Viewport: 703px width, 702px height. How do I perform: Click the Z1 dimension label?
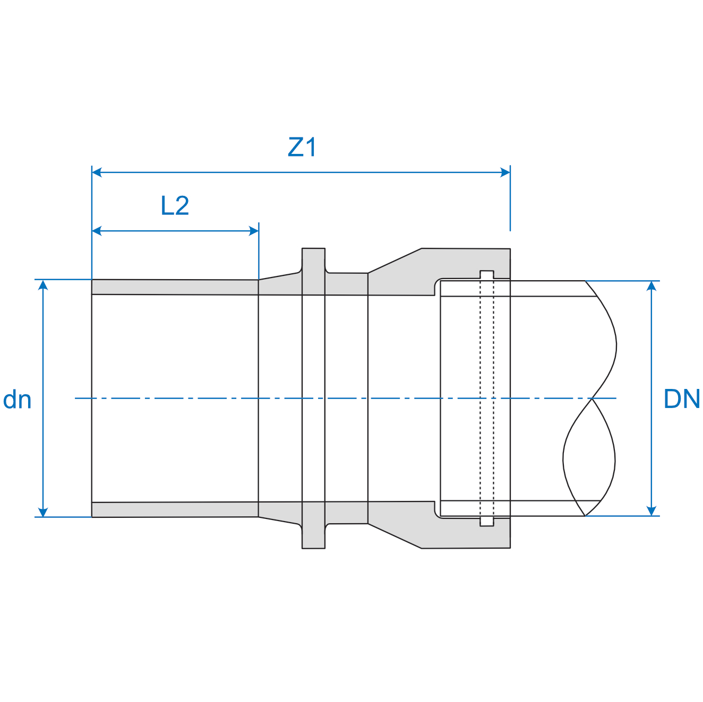click(302, 148)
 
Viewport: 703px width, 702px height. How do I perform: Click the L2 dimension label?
click(175, 206)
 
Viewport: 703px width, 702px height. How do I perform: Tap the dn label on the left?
click(17, 400)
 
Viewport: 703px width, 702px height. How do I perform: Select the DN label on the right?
click(682, 399)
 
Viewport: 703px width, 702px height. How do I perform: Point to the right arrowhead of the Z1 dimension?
click(505, 172)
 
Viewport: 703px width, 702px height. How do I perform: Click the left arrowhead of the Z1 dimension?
click(97, 172)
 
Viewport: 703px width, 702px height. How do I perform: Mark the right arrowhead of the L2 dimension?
click(253, 231)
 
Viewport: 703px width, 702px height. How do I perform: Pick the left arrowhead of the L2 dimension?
click(97, 231)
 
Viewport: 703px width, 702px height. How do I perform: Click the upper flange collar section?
click(313, 271)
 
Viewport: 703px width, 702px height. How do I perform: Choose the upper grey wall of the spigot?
click(175, 287)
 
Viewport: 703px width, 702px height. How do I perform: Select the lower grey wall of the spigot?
click(175, 509)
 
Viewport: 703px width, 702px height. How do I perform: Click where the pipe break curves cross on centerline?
click(591, 398)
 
